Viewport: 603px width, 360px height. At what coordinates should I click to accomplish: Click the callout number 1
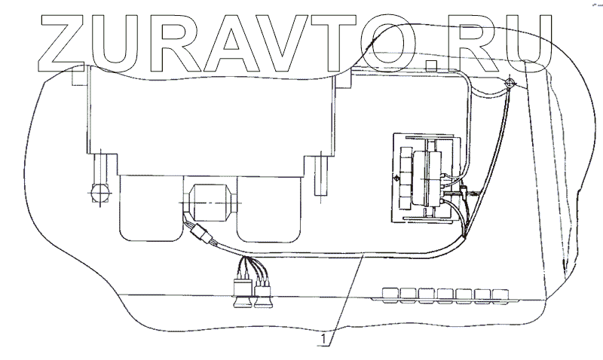(x=324, y=340)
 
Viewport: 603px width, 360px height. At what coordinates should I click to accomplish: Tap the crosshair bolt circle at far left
(x=99, y=195)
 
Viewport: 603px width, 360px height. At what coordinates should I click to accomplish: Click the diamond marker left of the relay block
(x=397, y=179)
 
